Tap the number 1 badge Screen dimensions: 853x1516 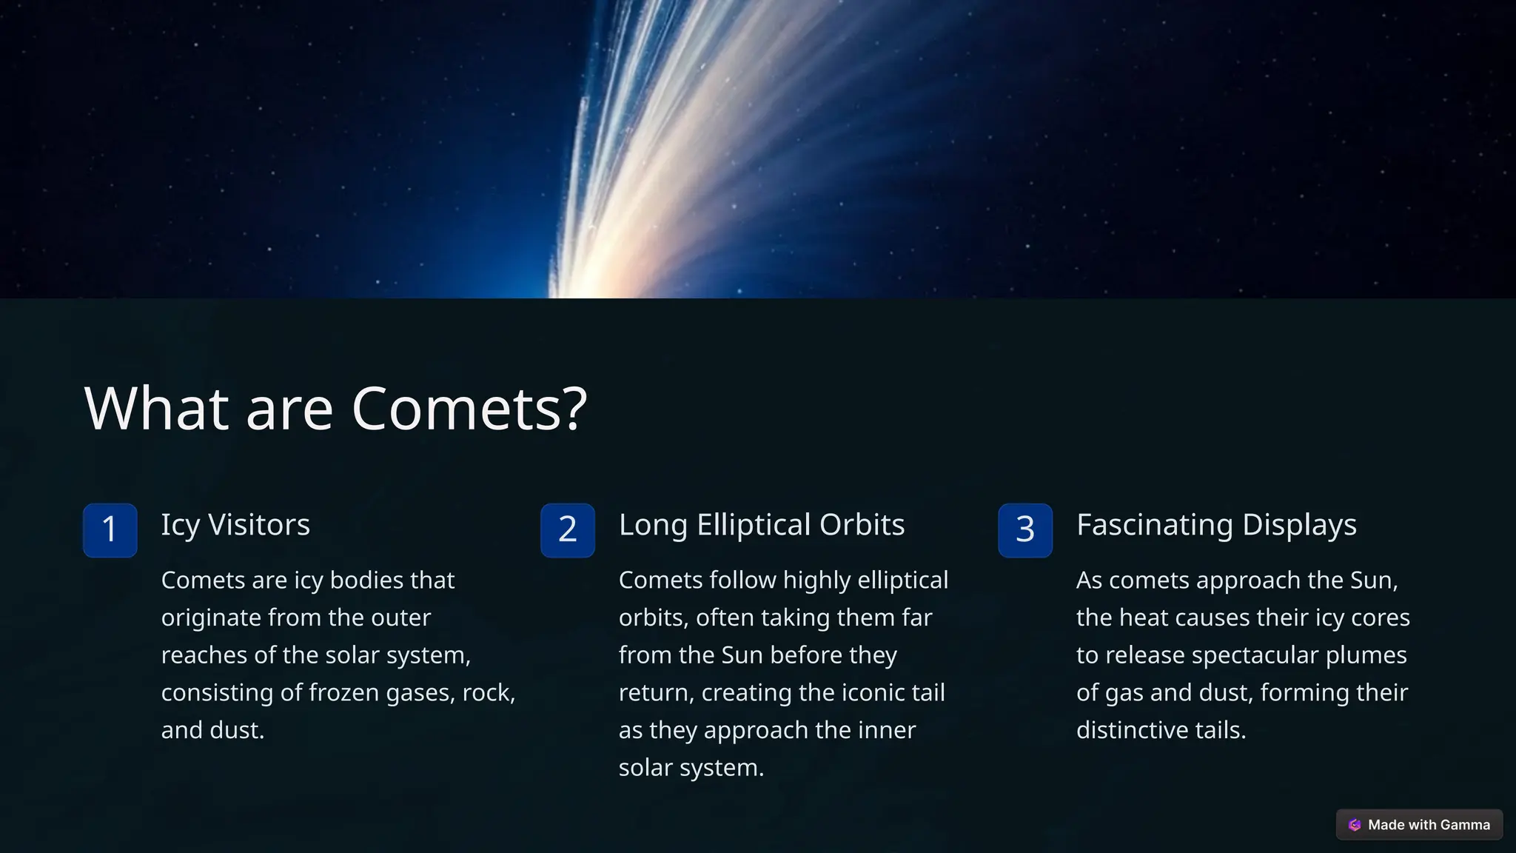pos(110,530)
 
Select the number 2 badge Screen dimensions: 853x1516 pos(568,530)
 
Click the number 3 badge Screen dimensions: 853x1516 pos(1025,530)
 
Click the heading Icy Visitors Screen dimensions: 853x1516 pos(235,525)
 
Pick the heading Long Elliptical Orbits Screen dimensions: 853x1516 pos(762,525)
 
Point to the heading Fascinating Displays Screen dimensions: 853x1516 pos(1216,525)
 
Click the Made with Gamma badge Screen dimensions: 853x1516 pos(1419,825)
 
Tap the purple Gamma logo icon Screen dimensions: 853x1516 pos(1355,825)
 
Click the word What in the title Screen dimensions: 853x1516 pos(156,409)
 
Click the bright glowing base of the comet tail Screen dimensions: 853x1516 pos(585,285)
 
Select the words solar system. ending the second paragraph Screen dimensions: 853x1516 pos(691,768)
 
